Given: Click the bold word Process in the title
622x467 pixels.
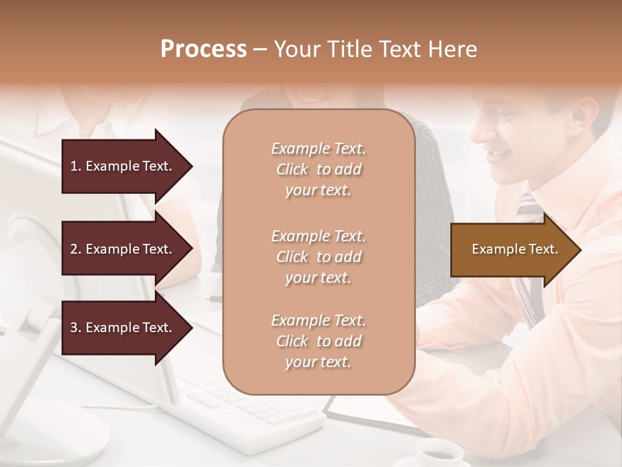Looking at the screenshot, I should (x=203, y=49).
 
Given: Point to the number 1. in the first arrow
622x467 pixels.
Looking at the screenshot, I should (x=75, y=166).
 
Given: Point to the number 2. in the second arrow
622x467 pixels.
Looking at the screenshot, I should (x=75, y=249).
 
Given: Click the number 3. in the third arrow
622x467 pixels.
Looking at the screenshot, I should (x=75, y=328).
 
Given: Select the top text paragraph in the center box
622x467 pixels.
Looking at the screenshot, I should (x=318, y=169).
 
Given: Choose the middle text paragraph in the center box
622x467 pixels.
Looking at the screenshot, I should (x=318, y=257).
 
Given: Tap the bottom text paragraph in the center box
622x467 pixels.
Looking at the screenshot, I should (x=318, y=341).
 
